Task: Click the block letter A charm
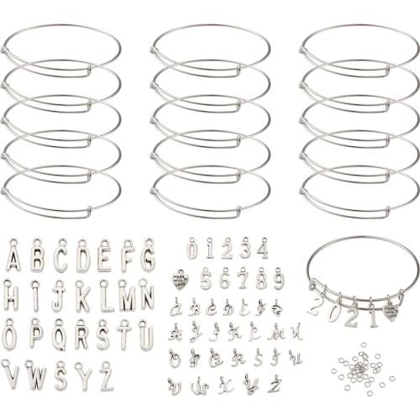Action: coord(13,256)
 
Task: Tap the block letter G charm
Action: coord(148,255)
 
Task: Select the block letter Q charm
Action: coord(59,336)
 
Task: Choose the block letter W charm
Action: coord(36,375)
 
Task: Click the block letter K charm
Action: coord(82,296)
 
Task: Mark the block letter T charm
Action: coord(125,336)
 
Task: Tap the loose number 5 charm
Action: coord(206,278)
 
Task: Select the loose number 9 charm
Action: coord(278,278)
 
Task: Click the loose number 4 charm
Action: coord(263,249)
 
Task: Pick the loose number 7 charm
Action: coord(243,278)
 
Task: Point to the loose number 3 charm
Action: coord(245,249)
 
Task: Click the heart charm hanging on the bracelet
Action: coord(391,312)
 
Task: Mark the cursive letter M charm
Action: coord(276,333)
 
